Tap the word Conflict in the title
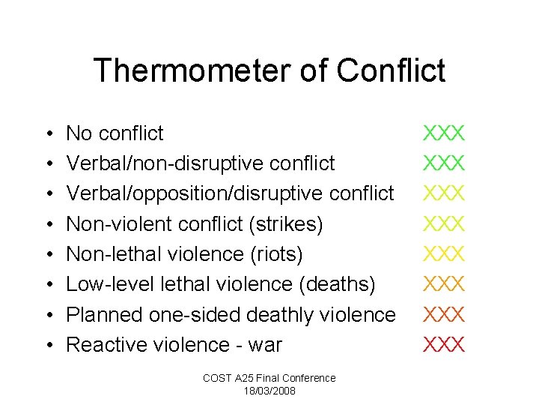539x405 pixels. (x=391, y=71)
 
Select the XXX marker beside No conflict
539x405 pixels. (x=445, y=133)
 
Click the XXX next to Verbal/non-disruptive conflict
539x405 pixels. (x=445, y=163)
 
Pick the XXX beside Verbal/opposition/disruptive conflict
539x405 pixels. (x=445, y=193)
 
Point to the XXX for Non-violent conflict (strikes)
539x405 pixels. (x=445, y=223)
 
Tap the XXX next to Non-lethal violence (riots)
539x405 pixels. (x=445, y=254)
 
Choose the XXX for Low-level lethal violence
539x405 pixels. (x=445, y=284)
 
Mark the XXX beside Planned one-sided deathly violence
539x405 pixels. (x=445, y=314)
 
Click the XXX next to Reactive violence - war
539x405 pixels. (x=445, y=344)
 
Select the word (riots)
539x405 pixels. (x=277, y=255)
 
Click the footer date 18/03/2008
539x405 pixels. (x=269, y=391)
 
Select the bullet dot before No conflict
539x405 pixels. (x=49, y=134)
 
